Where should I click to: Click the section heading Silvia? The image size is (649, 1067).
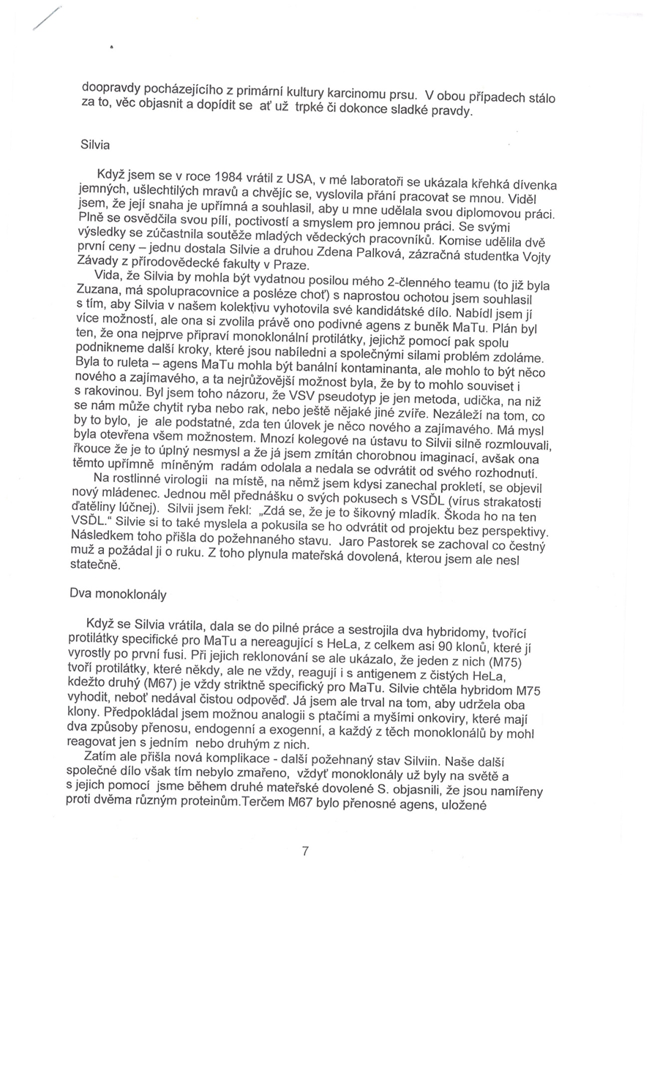click(95, 143)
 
